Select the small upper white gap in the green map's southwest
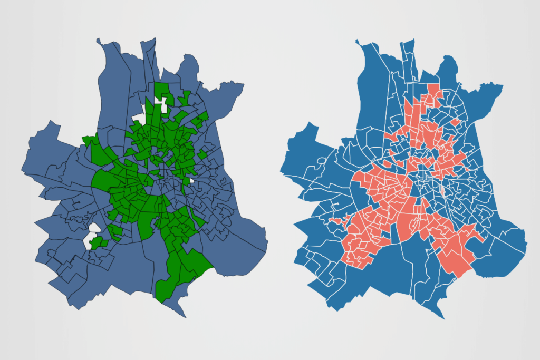[94, 228]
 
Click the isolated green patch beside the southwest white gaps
[98, 243]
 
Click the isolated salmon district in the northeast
[455, 122]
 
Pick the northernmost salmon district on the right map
[434, 90]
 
